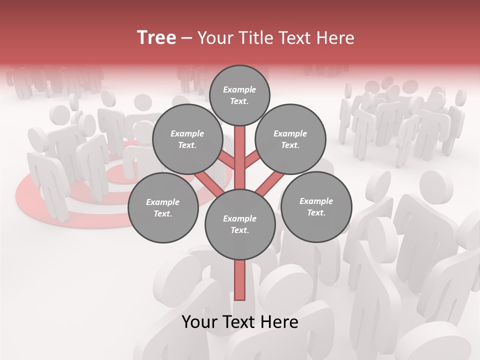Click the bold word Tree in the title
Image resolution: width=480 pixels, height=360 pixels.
(156, 37)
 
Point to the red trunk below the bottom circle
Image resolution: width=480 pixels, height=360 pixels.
(240, 280)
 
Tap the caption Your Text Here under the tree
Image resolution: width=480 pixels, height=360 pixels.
(240, 322)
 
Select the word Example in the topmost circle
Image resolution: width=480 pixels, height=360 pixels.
(239, 89)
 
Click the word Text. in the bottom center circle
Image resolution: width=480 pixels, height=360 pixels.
(240, 230)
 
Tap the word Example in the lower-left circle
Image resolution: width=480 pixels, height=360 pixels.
(162, 202)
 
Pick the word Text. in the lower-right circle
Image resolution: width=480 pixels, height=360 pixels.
(316, 212)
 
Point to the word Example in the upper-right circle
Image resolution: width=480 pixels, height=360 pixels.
(290, 133)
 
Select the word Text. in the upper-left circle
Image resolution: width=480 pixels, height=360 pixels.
(187, 145)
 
